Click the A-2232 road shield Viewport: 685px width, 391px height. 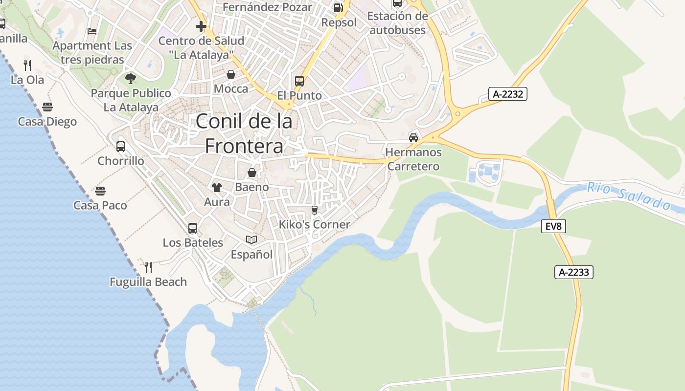click(507, 94)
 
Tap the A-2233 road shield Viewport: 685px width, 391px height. click(573, 272)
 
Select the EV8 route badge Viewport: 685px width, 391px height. click(553, 226)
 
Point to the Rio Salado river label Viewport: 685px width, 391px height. click(629, 195)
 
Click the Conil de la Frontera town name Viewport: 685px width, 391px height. click(244, 133)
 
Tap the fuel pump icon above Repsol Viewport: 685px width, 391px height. click(338, 7)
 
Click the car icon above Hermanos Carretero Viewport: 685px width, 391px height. click(413, 137)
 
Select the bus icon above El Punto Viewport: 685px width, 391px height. click(299, 81)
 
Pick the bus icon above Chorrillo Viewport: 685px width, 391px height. click(121, 146)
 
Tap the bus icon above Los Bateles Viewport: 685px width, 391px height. click(193, 228)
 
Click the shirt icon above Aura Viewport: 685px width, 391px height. click(217, 187)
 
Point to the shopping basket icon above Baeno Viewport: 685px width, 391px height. click(251, 173)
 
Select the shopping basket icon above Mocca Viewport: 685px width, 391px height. click(231, 74)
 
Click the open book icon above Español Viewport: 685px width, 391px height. click(251, 239)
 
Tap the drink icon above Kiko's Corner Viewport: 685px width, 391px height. click(315, 210)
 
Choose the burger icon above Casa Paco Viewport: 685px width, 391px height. click(100, 191)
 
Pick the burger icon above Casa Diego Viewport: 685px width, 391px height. click(47, 107)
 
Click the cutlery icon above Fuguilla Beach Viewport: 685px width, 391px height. click(148, 267)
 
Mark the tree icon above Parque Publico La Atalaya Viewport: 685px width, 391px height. click(131, 78)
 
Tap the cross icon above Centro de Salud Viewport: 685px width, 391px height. click(201, 26)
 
